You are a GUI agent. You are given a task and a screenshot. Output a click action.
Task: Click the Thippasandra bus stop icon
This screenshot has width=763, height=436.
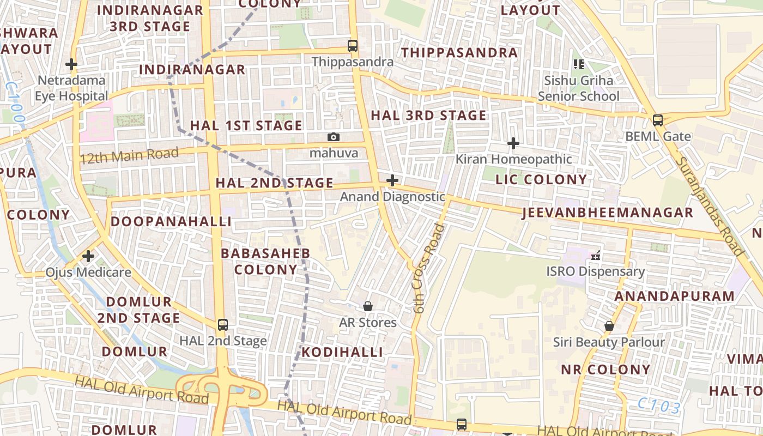tap(353, 46)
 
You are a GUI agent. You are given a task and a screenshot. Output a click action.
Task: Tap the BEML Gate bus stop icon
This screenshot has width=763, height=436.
tap(658, 120)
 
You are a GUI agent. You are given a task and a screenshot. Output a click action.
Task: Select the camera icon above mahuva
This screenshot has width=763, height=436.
tap(334, 137)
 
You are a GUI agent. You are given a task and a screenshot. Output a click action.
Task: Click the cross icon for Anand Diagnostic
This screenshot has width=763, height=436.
tap(392, 180)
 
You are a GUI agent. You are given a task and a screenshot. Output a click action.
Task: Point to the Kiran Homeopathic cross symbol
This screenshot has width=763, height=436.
tap(513, 143)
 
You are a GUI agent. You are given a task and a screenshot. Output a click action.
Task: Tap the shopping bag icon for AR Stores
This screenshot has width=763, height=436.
tap(368, 306)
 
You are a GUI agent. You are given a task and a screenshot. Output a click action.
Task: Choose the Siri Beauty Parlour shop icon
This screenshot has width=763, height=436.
tap(609, 326)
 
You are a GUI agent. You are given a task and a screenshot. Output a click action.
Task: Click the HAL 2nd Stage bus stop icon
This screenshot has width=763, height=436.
tap(222, 325)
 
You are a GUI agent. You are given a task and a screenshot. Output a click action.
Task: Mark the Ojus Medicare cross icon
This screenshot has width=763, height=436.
tap(88, 256)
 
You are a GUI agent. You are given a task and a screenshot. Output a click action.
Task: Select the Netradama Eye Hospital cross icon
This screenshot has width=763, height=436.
tap(71, 64)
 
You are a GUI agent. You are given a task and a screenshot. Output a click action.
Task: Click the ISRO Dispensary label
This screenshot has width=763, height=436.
tap(596, 271)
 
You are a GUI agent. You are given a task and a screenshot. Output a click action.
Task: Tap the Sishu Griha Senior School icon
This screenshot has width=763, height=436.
tap(579, 64)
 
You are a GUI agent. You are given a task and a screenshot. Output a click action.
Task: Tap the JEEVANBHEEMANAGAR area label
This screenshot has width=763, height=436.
tap(607, 213)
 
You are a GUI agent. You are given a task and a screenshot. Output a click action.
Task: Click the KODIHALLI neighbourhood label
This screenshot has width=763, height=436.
tap(342, 352)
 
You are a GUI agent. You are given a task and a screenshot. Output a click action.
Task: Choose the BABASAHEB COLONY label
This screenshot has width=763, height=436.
tap(265, 261)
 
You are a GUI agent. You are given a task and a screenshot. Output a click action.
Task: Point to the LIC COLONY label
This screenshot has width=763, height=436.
tap(541, 179)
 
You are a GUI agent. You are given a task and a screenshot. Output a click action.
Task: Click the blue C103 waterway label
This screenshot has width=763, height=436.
tap(659, 406)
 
